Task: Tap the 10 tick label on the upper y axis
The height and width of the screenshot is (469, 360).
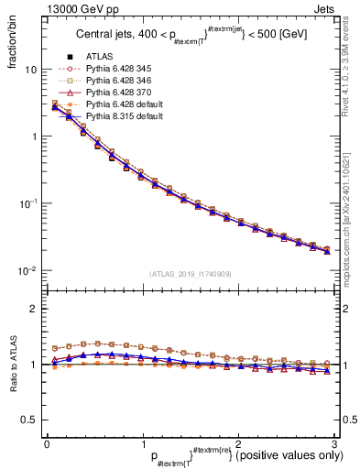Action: (x=31, y=70)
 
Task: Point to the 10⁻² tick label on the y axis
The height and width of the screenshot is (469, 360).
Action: (x=28, y=270)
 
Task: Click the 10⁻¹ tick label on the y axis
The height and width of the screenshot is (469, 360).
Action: (x=28, y=203)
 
